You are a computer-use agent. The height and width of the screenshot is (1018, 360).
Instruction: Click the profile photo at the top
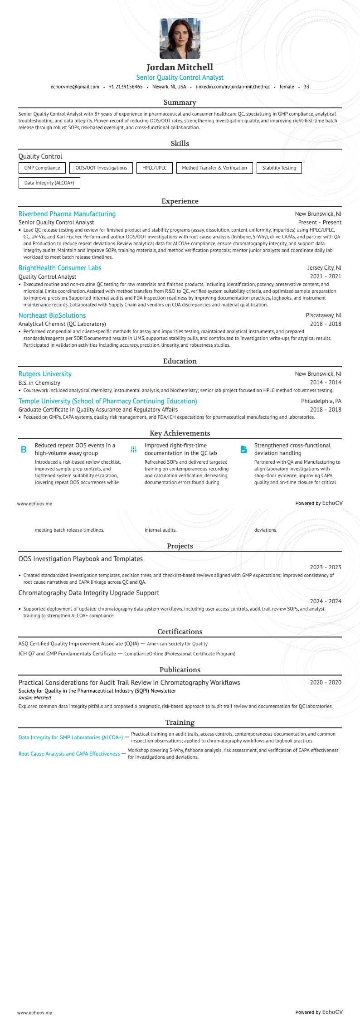pos(180,39)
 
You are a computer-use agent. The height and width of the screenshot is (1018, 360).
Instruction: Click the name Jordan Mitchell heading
pos(180,67)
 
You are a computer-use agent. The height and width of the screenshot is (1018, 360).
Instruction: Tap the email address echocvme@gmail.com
pos(75,87)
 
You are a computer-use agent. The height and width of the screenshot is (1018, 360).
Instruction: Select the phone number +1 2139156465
pos(126,87)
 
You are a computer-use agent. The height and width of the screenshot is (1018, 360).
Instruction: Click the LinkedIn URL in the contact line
pos(233,87)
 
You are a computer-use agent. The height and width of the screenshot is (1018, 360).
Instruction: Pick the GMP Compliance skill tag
pos(42,168)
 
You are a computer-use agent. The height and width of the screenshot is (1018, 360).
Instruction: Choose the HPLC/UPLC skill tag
pos(154,168)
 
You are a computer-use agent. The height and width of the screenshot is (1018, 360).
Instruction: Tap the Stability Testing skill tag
pos(279,168)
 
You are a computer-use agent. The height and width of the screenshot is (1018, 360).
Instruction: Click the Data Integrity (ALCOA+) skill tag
pos(49,183)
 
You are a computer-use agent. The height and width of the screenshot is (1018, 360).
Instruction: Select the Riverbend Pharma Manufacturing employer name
pos(67,214)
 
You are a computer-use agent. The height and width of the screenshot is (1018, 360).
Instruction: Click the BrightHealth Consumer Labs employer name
pos(60,268)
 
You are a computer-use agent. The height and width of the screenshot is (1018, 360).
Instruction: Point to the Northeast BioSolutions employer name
pos(52,315)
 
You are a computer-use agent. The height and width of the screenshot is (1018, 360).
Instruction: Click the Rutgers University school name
pos(45,374)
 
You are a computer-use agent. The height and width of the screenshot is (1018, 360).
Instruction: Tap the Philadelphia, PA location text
pos(321,401)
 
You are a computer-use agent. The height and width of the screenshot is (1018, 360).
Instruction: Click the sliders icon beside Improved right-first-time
pos(133,450)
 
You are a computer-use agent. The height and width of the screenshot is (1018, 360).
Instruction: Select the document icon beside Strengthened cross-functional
pos(243,450)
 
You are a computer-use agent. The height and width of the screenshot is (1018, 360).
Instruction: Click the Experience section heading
pos(180,201)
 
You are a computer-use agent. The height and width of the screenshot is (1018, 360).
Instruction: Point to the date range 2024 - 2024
pos(326,601)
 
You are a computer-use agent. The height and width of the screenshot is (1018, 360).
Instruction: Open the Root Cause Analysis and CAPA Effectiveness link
pos(69,754)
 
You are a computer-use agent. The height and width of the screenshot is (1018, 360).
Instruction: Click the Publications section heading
pos(180,670)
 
